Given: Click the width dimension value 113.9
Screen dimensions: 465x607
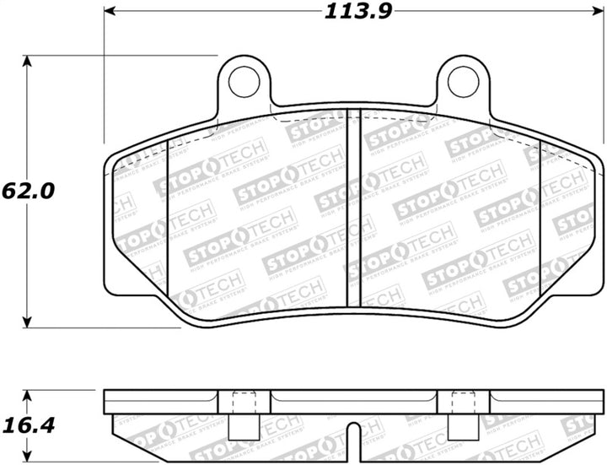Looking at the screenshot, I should (356, 12).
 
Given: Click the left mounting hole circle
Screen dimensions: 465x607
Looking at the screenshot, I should (244, 80).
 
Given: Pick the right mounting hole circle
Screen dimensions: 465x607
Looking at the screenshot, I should (463, 80).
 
